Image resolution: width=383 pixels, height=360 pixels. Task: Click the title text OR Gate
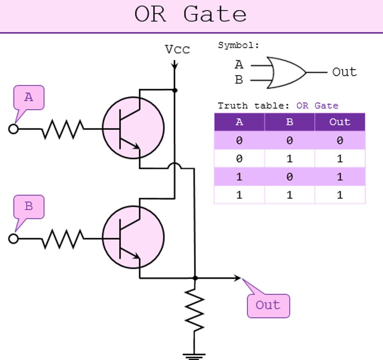[x=190, y=15]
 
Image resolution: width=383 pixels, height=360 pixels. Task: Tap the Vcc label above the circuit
[x=177, y=50]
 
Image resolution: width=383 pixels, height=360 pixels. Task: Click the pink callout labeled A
[x=29, y=98]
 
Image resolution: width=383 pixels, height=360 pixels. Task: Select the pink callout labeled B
[x=29, y=207]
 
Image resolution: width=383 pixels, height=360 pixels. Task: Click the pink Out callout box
[x=268, y=306]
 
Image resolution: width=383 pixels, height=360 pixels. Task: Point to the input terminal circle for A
[x=13, y=129]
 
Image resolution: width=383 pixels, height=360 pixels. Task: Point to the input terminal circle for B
[x=13, y=238]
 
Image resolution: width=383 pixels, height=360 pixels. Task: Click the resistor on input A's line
[x=63, y=129]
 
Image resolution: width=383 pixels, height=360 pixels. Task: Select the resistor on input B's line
[x=63, y=238]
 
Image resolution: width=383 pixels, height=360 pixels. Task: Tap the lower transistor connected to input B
[x=133, y=237]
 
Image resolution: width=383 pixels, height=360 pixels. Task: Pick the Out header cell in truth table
[x=340, y=122]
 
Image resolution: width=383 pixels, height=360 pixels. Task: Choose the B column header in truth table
[x=290, y=122]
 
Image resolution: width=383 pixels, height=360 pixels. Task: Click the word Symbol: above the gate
[x=238, y=46]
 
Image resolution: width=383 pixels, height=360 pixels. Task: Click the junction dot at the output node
[x=195, y=278]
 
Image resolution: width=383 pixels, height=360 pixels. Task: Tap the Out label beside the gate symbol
[x=344, y=72]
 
